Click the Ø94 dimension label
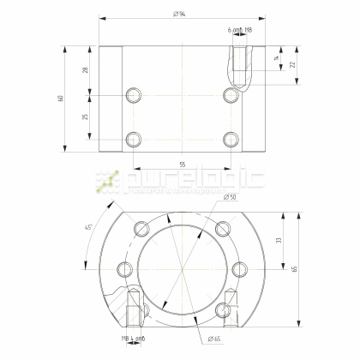pyautogui.click(x=180, y=13)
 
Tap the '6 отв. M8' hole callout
pyautogui.click(x=241, y=30)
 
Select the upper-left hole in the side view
pyautogui.click(x=133, y=94)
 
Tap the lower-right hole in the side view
pyautogui.click(x=228, y=138)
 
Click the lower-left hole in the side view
pyautogui.click(x=133, y=138)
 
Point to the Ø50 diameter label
pyautogui.click(x=230, y=198)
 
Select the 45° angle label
pyautogui.click(x=88, y=227)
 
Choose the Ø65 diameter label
pyautogui.click(x=213, y=340)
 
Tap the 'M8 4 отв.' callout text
pyautogui.click(x=133, y=340)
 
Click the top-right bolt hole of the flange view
pyautogui.click(x=222, y=227)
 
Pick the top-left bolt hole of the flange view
pyautogui.click(x=139, y=227)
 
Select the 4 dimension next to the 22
pyautogui.click(x=275, y=58)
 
